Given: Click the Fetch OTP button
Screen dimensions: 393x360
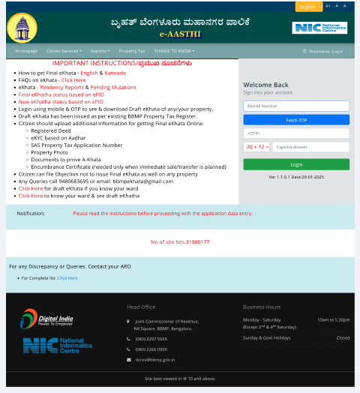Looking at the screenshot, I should (296, 120).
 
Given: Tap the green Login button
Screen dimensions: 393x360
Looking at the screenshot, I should (296, 164).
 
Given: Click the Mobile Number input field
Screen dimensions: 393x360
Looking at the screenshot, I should (296, 106).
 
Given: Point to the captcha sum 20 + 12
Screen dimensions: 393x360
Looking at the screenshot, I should (256, 148).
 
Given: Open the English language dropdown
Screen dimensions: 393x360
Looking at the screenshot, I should (309, 6).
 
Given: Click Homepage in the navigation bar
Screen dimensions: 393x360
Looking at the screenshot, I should (26, 51).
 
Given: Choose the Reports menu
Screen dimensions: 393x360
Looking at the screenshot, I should (100, 51).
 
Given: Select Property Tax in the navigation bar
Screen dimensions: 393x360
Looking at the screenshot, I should (132, 51).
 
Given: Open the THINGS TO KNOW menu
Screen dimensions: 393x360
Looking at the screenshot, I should (174, 51).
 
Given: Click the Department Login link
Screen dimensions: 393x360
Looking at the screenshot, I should (323, 51).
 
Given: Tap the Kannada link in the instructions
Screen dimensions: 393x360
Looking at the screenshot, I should (115, 73).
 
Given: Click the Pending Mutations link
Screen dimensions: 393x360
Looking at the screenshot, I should (113, 87).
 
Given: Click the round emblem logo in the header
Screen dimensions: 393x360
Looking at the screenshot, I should (21, 28).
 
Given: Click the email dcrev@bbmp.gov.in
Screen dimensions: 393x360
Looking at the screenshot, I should (155, 360).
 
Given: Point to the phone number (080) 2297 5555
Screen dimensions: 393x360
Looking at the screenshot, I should (151, 338).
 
